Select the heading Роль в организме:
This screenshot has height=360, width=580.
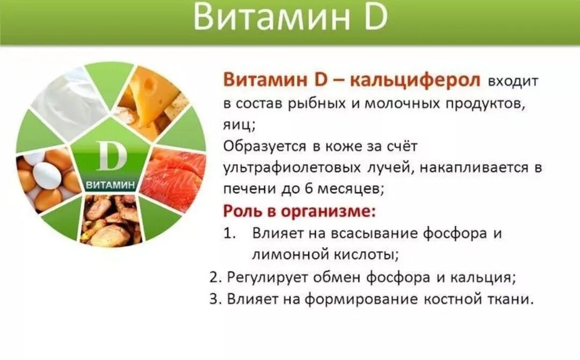tap(299, 210)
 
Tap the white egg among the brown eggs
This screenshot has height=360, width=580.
tap(48, 175)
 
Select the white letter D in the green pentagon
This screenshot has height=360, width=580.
tap(111, 157)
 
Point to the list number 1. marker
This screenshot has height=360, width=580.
tap(230, 233)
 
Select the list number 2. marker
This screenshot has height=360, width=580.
tap(215, 277)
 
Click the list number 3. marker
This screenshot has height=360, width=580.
tap(215, 299)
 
